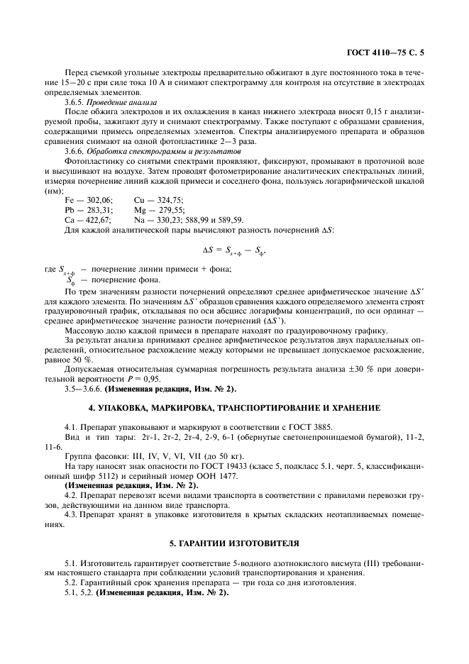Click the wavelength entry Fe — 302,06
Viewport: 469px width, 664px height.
89,201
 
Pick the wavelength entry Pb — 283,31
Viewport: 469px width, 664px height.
89,211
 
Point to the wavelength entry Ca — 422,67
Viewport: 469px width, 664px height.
89,221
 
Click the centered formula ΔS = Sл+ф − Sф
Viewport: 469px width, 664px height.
234,250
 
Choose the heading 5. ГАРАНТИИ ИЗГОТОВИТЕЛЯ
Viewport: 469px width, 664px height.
234,543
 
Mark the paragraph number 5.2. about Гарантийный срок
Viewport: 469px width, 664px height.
72,582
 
